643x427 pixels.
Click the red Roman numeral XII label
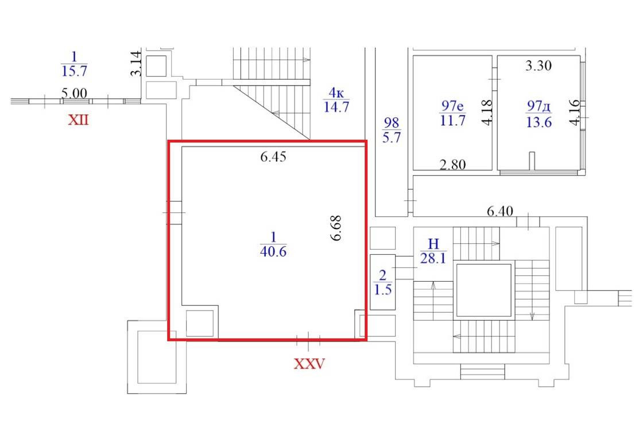tap(78, 120)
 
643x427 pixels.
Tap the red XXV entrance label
tap(309, 363)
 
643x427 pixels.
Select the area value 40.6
tap(273, 251)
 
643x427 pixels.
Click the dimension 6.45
tap(273, 157)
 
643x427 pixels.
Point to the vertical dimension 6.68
tap(336, 228)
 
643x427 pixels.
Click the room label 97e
tap(452, 106)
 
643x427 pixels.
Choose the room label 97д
tap(539, 106)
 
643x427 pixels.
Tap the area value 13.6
tap(539, 122)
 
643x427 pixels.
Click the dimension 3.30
tap(539, 65)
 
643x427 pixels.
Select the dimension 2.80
tap(452, 165)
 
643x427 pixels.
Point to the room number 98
tap(391, 122)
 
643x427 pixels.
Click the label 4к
tap(336, 93)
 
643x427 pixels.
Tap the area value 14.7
tap(336, 107)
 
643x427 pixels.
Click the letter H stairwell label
tap(433, 244)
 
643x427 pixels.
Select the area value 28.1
tap(433, 258)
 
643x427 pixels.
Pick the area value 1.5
tap(382, 289)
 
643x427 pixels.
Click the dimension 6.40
tap(500, 211)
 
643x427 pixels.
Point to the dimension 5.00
tap(74, 94)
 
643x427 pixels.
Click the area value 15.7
tap(74, 71)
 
